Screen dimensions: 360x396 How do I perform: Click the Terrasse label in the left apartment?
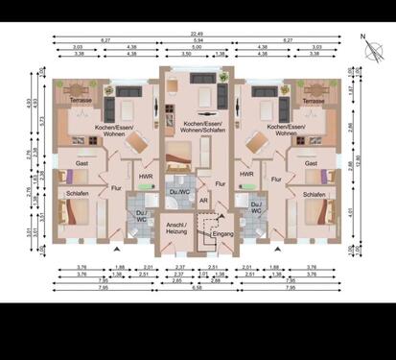coord(76,100)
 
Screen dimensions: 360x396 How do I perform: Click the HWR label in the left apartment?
coord(145,175)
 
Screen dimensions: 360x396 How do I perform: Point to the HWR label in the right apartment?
coord(246,175)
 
